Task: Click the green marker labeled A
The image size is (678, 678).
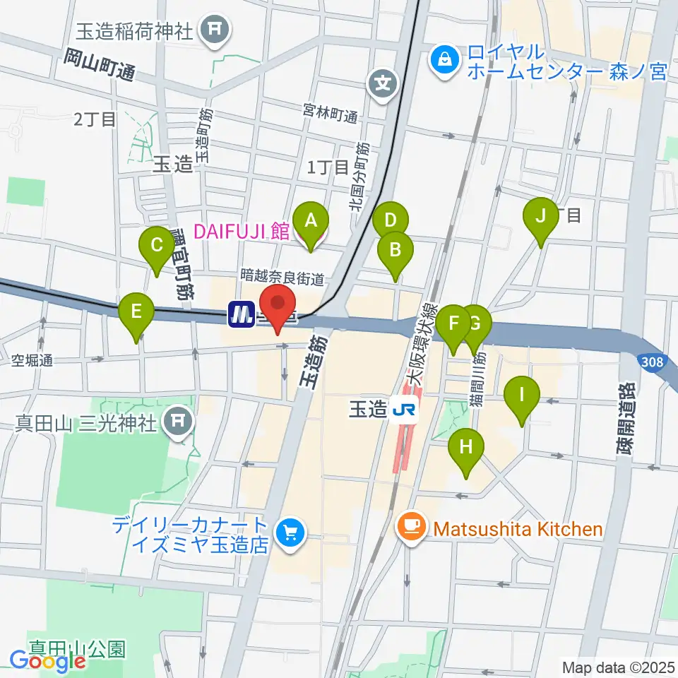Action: point(311,220)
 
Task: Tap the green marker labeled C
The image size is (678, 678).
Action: point(157,245)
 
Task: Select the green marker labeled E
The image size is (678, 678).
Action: point(137,311)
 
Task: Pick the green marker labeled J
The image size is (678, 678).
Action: point(541,216)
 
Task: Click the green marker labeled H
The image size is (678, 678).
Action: point(466,448)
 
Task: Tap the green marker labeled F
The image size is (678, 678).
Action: point(454,324)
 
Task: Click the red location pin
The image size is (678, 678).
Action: point(278,305)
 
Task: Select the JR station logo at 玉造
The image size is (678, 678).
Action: point(405,410)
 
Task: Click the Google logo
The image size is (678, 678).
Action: point(47,662)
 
